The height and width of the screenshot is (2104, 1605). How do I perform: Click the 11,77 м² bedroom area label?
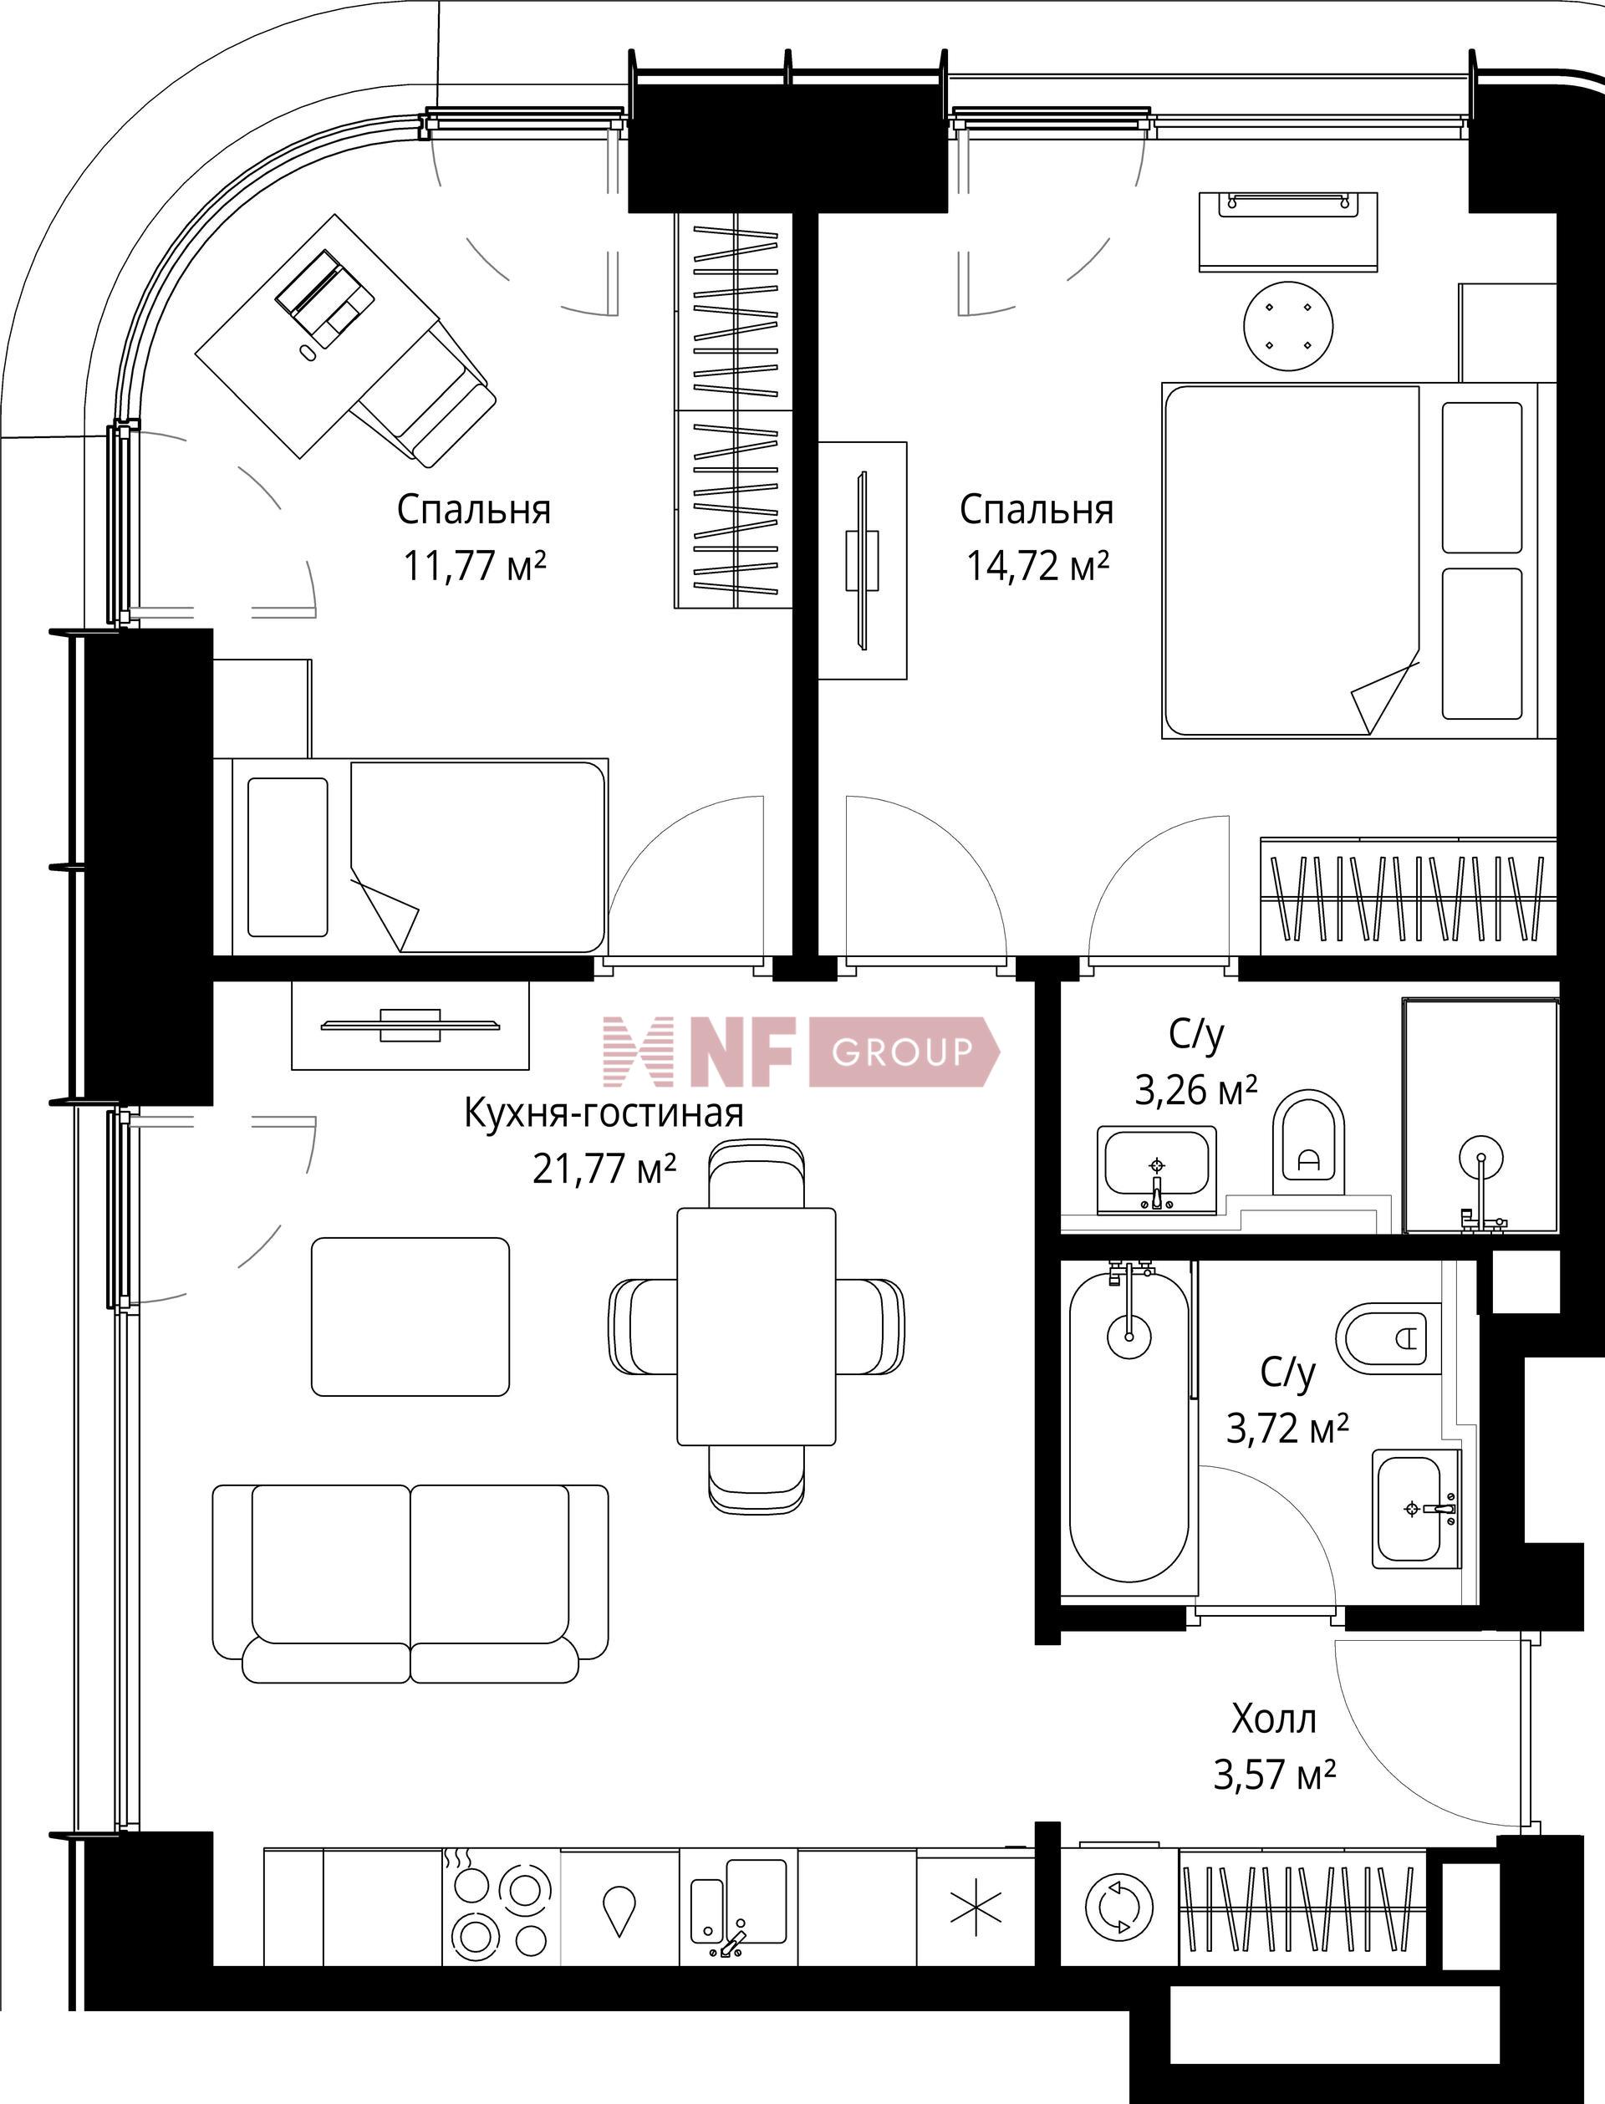tap(474, 567)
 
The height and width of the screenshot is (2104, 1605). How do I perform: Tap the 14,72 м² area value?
tap(1037, 567)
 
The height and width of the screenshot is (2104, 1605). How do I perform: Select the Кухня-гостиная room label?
tap(603, 1113)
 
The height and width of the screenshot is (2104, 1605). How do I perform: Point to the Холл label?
tap(1273, 1719)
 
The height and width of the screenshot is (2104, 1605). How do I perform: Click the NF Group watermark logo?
tap(801, 1052)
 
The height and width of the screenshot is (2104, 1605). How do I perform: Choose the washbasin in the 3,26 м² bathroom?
tap(1156, 1169)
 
